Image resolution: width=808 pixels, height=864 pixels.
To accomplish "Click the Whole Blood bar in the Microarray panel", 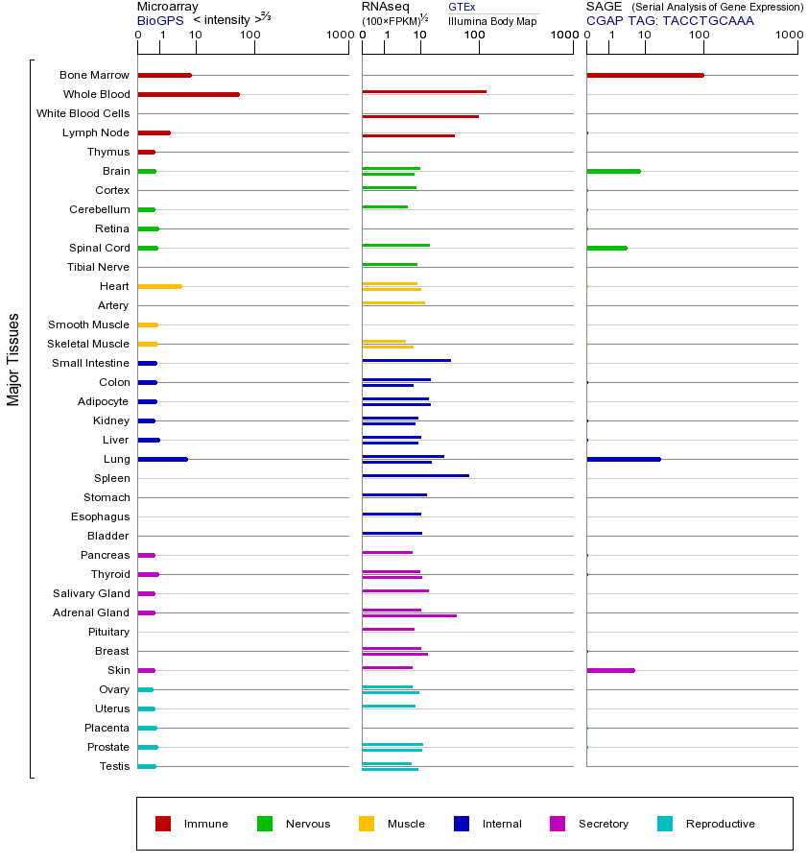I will tap(188, 94).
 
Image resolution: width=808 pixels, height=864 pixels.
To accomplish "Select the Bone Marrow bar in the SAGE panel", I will tap(645, 75).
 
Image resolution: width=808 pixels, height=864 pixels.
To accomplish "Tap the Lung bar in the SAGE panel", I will tap(624, 459).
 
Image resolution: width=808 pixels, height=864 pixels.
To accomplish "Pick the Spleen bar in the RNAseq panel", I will tap(416, 475).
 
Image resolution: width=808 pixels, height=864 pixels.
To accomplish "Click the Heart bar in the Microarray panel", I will tap(159, 286).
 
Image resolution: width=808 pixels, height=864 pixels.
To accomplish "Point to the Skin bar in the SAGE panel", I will tap(610, 670).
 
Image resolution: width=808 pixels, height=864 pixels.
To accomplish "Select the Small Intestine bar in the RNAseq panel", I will tap(406, 360).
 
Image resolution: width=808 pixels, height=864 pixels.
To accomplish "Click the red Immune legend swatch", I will tap(163, 824).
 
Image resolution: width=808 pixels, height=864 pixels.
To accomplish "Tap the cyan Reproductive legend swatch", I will tap(665, 824).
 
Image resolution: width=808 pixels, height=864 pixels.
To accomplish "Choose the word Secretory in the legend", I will tap(604, 824).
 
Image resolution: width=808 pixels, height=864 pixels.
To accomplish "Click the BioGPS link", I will tap(158, 20).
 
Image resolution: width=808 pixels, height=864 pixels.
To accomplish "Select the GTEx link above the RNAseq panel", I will tap(462, 7).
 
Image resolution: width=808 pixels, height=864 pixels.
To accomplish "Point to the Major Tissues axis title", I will tap(13, 359).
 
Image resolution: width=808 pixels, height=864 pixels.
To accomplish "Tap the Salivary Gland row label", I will tap(91, 593).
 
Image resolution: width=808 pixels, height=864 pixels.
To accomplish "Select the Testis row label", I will tap(114, 766).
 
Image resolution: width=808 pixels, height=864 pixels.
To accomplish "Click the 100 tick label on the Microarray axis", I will tap(250, 36).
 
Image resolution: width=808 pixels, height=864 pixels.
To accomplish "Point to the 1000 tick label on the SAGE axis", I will tap(789, 36).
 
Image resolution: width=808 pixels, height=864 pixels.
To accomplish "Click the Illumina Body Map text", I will tap(492, 21).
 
